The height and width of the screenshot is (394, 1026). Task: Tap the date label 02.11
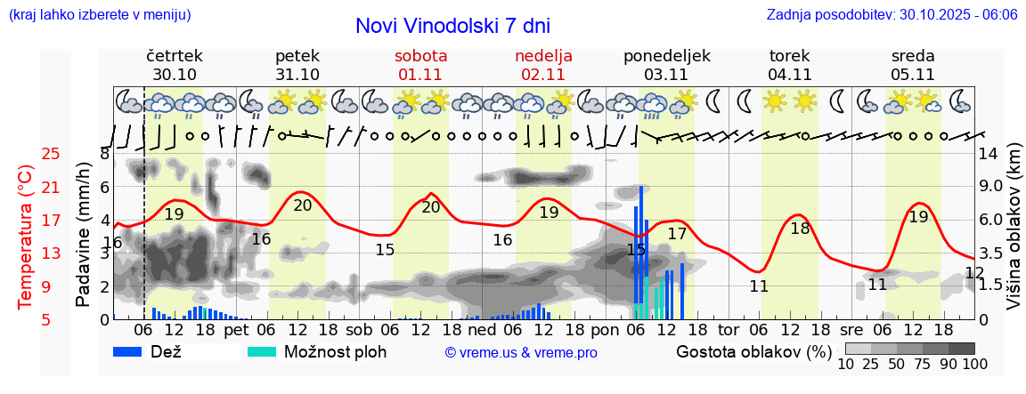tap(543, 75)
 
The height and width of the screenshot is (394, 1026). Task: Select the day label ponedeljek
tap(667, 56)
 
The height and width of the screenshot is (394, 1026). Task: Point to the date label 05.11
tap(913, 75)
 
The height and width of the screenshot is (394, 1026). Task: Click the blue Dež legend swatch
tap(134, 351)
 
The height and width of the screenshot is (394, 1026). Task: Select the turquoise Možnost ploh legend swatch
tap(264, 351)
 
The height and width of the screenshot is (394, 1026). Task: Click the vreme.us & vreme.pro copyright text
tap(520, 352)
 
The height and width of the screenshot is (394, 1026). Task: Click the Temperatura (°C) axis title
tap(26, 237)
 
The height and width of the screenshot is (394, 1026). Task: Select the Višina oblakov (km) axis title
tap(1014, 237)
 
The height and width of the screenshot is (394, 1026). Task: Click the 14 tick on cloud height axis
tap(989, 154)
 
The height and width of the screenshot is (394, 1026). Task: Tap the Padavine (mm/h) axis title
tap(83, 236)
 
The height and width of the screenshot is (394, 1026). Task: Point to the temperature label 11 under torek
tap(759, 286)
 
